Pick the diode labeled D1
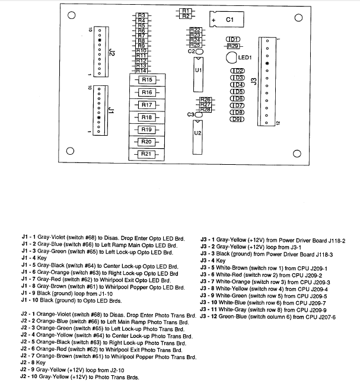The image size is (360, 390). [x=233, y=39]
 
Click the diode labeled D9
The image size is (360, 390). [x=237, y=119]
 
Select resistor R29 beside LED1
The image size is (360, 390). [x=233, y=46]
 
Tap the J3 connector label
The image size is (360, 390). [x=254, y=81]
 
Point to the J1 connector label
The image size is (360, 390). [x=111, y=110]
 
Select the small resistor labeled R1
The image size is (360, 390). [x=185, y=11]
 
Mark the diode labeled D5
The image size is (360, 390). [x=237, y=91]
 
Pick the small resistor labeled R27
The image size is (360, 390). [x=205, y=104]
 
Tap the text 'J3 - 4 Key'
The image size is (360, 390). [x=215, y=261]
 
